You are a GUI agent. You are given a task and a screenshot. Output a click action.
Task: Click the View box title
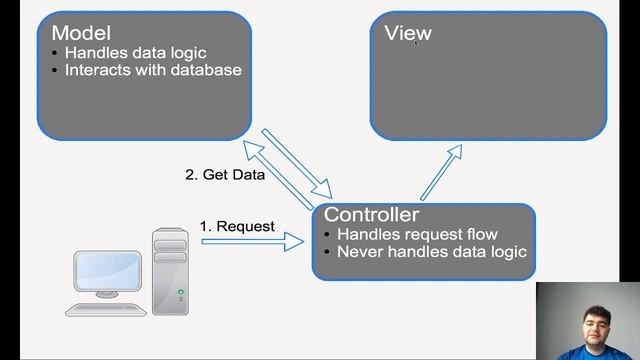click(x=407, y=33)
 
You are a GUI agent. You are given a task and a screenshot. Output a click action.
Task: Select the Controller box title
click(x=371, y=215)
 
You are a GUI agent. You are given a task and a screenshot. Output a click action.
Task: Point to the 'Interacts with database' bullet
click(x=153, y=70)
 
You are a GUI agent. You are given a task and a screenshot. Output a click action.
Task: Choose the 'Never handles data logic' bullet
click(x=431, y=251)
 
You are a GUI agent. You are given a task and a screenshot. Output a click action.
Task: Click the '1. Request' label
click(x=237, y=226)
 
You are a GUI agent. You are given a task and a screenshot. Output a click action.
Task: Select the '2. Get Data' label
click(x=225, y=174)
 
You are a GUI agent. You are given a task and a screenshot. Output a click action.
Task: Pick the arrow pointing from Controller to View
click(x=440, y=171)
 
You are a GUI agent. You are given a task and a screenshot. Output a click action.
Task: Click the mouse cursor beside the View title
click(x=416, y=41)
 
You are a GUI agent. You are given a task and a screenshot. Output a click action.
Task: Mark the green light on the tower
click(x=181, y=292)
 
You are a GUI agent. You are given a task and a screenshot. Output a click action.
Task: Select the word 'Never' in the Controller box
click(x=358, y=251)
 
